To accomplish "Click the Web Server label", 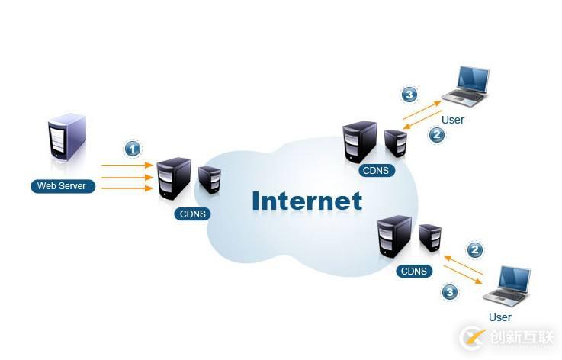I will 63,186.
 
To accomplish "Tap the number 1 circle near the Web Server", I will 133,148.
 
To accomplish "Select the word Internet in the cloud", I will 307,201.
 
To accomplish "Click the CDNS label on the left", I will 192,214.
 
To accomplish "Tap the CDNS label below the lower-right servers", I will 414,271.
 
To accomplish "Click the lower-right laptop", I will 509,286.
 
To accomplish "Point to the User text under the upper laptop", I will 452,120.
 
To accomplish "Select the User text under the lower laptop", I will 499,317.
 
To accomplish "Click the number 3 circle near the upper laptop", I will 410,95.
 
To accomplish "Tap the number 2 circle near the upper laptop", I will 437,134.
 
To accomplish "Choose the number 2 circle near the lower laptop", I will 475,249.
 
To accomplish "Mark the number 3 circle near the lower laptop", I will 450,291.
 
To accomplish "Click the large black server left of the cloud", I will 174,178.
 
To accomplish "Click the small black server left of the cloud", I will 209,179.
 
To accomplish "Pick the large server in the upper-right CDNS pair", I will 361,141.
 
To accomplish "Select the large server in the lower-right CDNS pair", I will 395,236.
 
